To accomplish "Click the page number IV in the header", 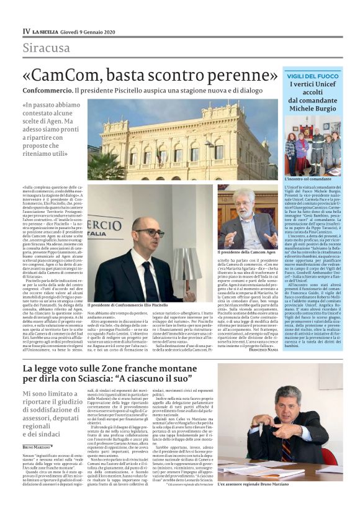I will pyautogui.click(x=26, y=31).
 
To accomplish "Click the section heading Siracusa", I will pyautogui.click(x=47, y=48).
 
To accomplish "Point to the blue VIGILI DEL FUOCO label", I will pyautogui.click(x=313, y=75).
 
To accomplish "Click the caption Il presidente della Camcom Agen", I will pyautogui.click(x=248, y=253).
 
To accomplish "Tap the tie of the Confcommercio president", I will pyautogui.click(x=148, y=279).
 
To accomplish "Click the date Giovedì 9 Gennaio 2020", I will pyautogui.click(x=90, y=31).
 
